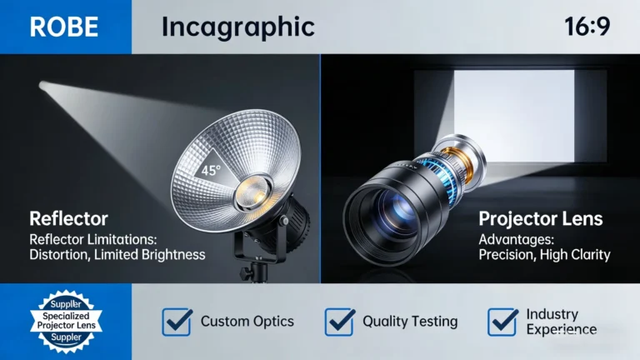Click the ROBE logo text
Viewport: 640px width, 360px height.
[x=64, y=27]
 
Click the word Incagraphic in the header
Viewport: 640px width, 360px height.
[x=237, y=27]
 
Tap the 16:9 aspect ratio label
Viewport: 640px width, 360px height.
[x=587, y=26]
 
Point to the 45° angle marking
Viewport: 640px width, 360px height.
[x=209, y=172]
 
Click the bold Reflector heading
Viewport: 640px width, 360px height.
[x=68, y=219]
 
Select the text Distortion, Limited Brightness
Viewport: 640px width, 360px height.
[x=117, y=254]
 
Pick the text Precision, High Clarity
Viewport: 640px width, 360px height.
[x=544, y=254]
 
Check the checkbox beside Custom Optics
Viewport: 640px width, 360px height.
[x=177, y=322]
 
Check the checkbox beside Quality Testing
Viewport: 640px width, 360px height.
[x=339, y=322]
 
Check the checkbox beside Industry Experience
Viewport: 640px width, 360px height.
[x=502, y=322]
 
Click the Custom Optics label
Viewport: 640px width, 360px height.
[x=248, y=322]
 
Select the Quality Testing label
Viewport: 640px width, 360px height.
[x=410, y=322]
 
